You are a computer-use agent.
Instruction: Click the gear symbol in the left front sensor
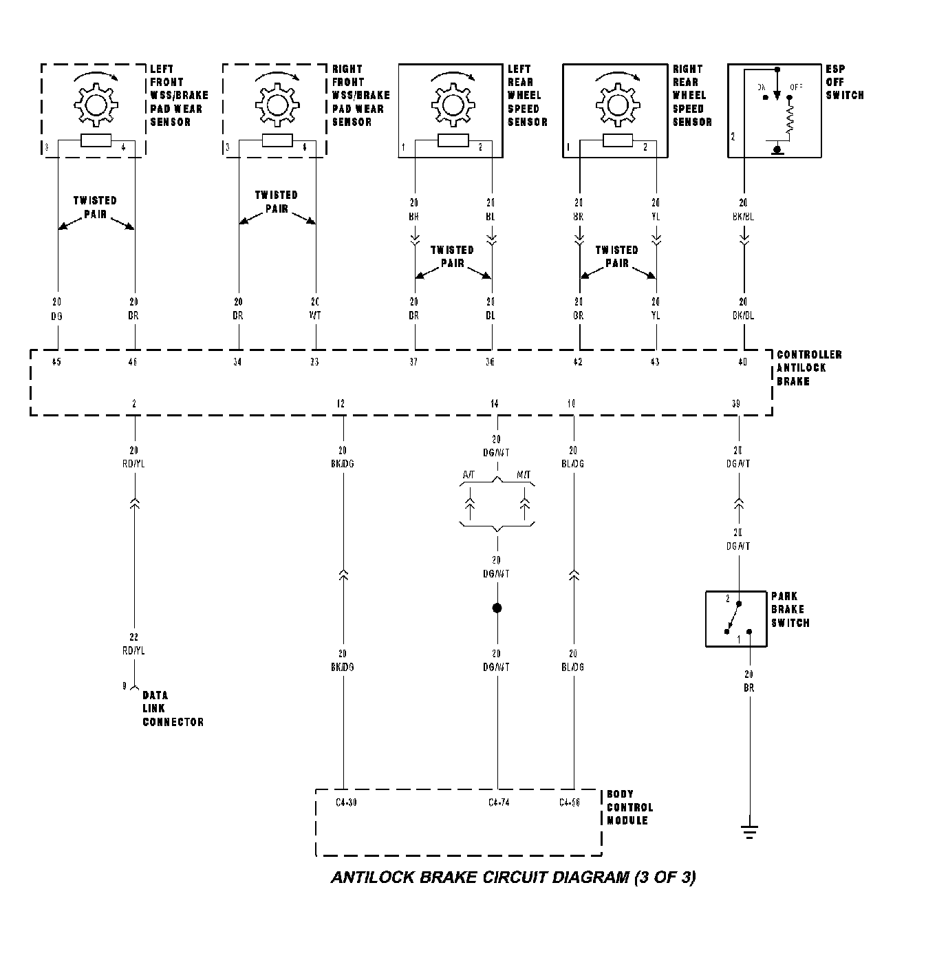click(x=96, y=104)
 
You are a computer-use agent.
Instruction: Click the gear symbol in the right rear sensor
click(x=617, y=104)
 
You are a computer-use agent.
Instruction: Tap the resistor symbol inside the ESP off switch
click(x=789, y=120)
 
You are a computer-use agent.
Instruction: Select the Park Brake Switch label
click(x=790, y=610)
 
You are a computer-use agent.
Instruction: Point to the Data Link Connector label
click(x=173, y=708)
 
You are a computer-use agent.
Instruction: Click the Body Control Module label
click(x=629, y=807)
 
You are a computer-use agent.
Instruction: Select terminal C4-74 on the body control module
click(x=499, y=802)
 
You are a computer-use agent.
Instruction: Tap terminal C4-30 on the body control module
click(x=346, y=802)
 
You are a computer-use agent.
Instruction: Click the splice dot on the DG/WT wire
click(x=497, y=608)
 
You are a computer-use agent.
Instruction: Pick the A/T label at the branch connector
click(x=468, y=476)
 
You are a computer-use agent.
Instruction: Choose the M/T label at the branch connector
click(x=524, y=476)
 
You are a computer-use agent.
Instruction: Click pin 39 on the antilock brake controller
click(x=735, y=404)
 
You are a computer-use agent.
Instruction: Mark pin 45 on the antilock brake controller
click(x=56, y=362)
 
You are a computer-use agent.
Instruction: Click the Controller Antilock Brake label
click(x=808, y=368)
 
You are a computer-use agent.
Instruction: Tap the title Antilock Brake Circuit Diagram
click(x=513, y=877)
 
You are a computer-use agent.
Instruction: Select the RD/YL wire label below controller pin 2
click(x=133, y=464)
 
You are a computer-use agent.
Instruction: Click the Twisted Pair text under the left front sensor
click(x=95, y=207)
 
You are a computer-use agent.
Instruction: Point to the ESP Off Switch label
click(x=844, y=82)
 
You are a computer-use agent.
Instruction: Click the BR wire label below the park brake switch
click(x=748, y=688)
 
